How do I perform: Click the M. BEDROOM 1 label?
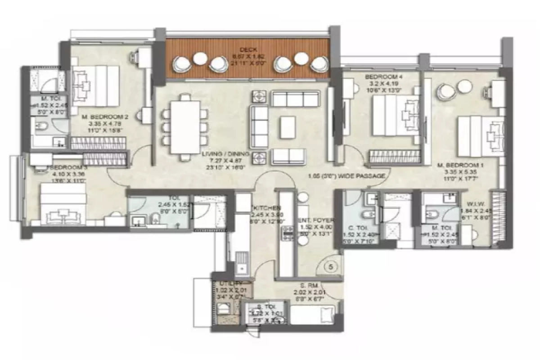460,166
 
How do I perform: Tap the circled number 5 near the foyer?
331,267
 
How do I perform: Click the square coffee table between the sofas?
287,127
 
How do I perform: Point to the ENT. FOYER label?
316,220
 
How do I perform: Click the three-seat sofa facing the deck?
296,99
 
